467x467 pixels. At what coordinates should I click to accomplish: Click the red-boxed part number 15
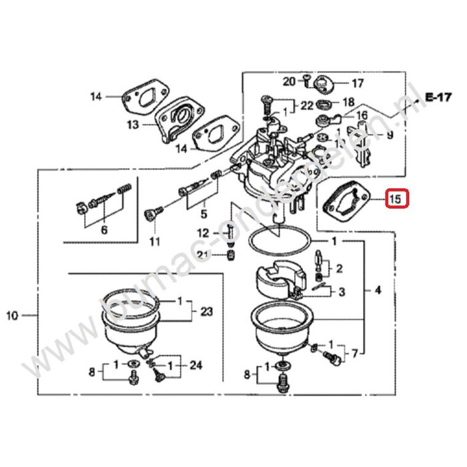point(395,199)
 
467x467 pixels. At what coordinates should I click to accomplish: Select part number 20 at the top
point(288,82)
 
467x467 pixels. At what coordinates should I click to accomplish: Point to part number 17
point(358,84)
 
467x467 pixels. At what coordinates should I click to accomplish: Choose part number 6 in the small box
point(103,229)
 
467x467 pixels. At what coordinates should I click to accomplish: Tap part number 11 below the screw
point(154,240)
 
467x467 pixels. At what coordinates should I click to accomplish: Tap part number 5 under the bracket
point(204,214)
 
